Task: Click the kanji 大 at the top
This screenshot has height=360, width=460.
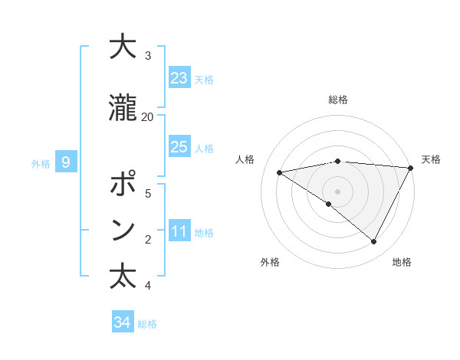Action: (x=123, y=47)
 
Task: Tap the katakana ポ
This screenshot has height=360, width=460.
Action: (x=123, y=185)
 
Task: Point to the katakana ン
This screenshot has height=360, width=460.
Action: (x=123, y=230)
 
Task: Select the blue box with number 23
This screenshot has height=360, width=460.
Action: (x=179, y=78)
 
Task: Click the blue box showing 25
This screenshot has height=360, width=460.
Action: (x=179, y=147)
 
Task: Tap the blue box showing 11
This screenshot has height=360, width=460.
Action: (x=179, y=231)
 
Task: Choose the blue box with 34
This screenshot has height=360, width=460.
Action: (x=123, y=322)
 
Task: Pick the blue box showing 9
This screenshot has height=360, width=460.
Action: (x=67, y=162)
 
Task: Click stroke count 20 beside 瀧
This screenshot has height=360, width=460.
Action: (x=147, y=117)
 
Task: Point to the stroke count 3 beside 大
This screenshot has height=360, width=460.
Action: (x=148, y=56)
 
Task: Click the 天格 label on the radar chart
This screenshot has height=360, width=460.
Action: (x=431, y=159)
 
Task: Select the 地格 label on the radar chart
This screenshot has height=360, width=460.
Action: (x=402, y=262)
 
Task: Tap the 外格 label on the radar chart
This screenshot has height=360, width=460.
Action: (x=270, y=262)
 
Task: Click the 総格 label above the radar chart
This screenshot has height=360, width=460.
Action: (x=337, y=100)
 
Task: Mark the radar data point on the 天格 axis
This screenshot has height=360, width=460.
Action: (x=411, y=168)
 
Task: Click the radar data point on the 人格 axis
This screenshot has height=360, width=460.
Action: (x=280, y=172)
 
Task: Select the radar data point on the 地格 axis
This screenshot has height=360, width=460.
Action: (x=373, y=242)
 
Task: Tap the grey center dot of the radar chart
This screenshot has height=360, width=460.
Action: (x=337, y=191)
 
